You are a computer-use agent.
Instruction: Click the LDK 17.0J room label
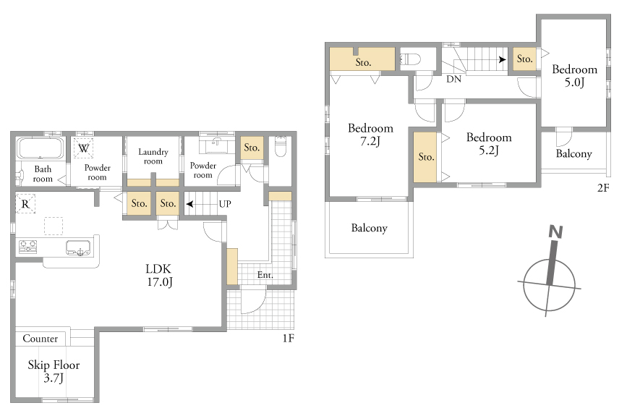(x=159, y=275)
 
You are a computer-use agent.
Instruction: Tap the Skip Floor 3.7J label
(x=54, y=371)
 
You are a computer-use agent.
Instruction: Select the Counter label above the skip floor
(x=40, y=339)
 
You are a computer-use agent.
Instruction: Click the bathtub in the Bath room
(x=40, y=148)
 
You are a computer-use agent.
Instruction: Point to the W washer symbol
(x=84, y=148)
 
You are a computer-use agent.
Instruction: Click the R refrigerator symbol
(x=25, y=204)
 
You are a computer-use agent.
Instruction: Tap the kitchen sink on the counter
(x=78, y=248)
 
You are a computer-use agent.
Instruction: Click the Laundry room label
(x=153, y=156)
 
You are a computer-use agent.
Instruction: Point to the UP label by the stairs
(x=225, y=204)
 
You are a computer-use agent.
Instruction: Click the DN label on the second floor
(x=453, y=79)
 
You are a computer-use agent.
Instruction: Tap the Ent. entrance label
(x=265, y=275)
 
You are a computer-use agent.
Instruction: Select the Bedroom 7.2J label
(x=371, y=135)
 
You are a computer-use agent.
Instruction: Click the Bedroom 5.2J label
(x=489, y=143)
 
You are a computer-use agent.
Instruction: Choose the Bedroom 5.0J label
(x=575, y=75)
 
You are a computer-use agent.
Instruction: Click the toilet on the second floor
(x=410, y=59)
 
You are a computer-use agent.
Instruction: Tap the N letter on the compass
(x=556, y=232)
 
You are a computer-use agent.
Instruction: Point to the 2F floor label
(x=603, y=187)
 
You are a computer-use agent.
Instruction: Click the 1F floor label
(x=289, y=339)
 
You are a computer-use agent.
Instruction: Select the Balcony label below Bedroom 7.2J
(x=369, y=228)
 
